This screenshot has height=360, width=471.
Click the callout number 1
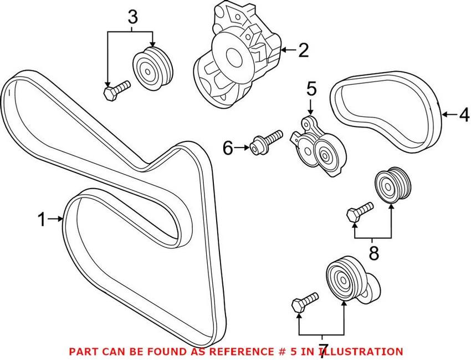coord(42,220)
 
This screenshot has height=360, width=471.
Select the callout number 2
coord(303,51)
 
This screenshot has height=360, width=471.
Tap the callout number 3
coord(132,17)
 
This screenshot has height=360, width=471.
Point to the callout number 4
coord(463,115)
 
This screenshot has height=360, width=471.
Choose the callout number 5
coord(311,88)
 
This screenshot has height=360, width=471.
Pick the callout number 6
coord(228,148)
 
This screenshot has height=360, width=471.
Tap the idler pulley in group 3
coord(152,68)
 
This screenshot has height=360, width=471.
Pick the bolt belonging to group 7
coord(304,302)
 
